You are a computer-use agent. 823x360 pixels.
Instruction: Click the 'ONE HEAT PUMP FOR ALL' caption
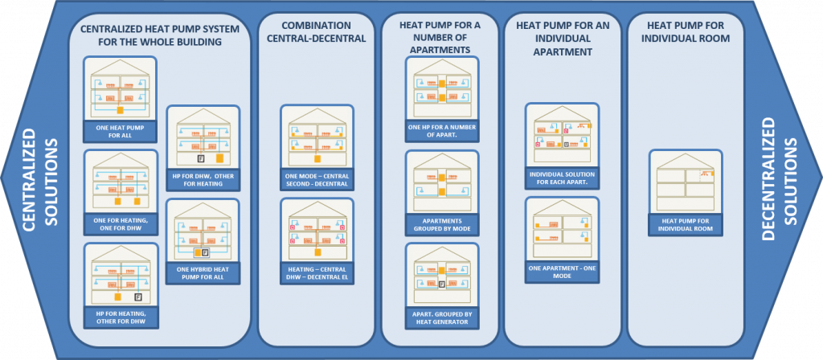point(120,131)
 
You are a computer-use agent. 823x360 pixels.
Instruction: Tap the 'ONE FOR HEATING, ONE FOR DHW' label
point(120,222)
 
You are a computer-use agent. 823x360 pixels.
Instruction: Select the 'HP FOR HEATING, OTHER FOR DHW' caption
point(120,315)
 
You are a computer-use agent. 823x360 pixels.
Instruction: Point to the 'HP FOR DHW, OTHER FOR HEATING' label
point(203,178)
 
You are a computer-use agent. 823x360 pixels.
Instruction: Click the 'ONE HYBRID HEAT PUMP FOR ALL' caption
point(203,272)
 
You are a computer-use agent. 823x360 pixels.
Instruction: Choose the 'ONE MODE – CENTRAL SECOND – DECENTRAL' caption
point(317,179)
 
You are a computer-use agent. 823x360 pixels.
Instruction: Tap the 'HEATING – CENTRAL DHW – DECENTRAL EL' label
point(317,273)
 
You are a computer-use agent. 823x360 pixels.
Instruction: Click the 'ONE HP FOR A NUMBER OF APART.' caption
point(442,130)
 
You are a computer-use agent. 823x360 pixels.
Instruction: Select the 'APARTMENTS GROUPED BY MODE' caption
point(442,223)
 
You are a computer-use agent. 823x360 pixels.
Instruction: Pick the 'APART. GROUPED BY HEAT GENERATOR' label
point(442,317)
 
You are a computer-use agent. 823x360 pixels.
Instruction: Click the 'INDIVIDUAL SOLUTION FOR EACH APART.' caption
point(562,177)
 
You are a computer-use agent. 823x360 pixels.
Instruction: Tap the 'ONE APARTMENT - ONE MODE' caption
point(562,271)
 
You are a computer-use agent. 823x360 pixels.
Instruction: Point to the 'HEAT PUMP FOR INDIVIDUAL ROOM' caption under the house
point(686,224)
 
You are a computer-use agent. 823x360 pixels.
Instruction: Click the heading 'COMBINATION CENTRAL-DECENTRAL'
point(317,31)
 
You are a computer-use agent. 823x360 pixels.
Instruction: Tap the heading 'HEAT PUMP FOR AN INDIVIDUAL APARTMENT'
point(562,39)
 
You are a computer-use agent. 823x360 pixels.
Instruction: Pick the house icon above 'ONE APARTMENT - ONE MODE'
point(562,228)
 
